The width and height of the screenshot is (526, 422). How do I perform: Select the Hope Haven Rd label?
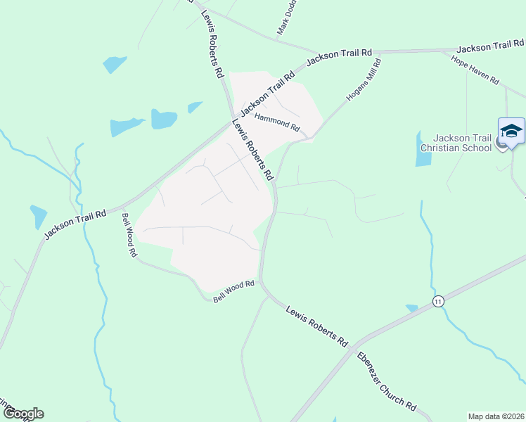(475, 70)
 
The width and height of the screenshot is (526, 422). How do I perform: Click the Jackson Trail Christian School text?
(462, 143)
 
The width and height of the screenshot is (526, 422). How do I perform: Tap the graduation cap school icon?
(511, 132)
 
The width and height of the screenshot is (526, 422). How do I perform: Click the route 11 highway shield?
(438, 301)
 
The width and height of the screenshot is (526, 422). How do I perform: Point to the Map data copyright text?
(495, 416)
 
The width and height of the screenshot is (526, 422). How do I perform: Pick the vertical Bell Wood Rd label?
(127, 235)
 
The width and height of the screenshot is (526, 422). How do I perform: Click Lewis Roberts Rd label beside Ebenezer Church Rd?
(317, 324)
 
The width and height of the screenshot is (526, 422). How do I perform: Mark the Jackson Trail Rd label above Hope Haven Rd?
(490, 47)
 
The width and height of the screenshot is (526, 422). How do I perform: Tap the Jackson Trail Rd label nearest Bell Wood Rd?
(75, 224)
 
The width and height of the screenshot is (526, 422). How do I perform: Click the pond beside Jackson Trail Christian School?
(423, 149)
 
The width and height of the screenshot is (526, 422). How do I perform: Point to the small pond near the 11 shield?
(412, 307)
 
